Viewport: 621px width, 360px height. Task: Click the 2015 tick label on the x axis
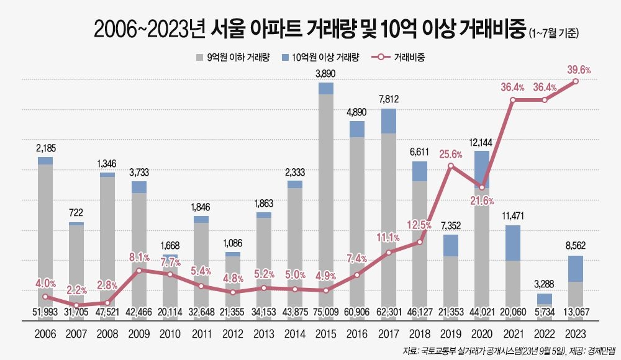click(326, 334)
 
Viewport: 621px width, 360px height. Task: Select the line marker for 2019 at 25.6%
click(451, 169)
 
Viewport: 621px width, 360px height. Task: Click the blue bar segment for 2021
click(513, 243)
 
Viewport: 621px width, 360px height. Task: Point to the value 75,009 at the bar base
click(326, 311)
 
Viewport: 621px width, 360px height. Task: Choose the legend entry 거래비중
click(409, 58)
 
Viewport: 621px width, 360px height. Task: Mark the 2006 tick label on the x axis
click(45, 334)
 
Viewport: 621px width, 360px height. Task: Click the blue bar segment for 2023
click(576, 269)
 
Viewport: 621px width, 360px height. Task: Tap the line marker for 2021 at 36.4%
click(513, 100)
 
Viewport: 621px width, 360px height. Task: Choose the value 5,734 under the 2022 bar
click(545, 311)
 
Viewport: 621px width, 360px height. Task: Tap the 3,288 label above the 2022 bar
click(545, 285)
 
